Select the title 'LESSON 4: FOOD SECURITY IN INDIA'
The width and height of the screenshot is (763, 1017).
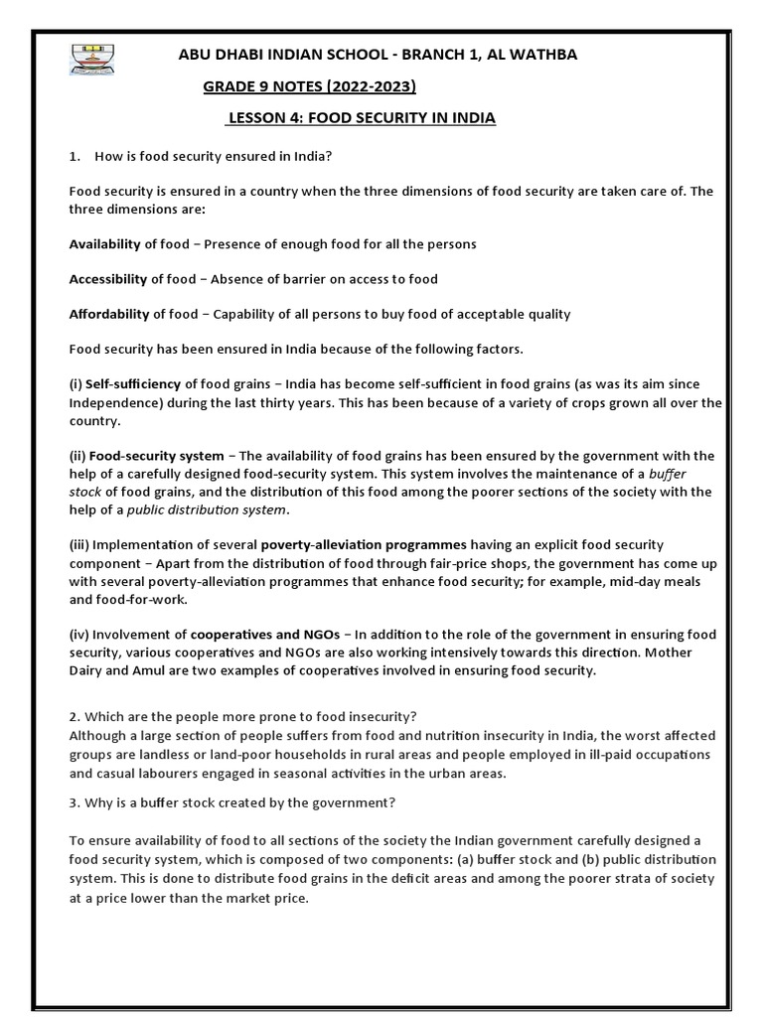click(x=361, y=118)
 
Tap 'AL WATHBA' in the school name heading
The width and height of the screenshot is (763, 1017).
click(x=536, y=55)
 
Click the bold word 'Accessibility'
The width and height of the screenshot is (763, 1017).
click(x=108, y=279)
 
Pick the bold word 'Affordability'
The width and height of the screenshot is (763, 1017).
click(x=108, y=314)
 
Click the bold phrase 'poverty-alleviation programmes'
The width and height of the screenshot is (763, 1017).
click(x=363, y=545)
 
